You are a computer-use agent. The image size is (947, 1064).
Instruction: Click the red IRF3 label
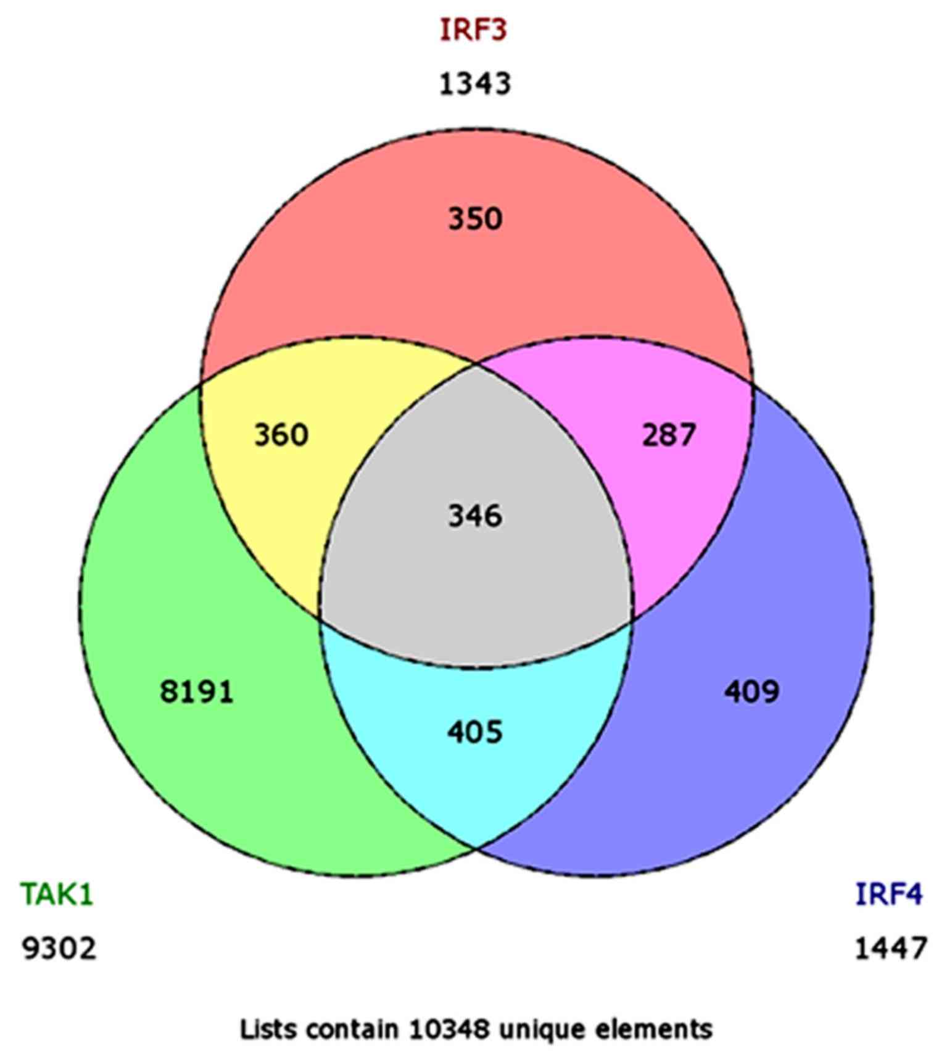tap(473, 30)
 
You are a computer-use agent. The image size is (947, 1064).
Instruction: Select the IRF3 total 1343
tap(474, 84)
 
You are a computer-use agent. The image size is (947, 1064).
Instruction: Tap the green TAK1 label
tap(57, 894)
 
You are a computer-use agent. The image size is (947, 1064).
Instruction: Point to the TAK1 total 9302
tap(59, 948)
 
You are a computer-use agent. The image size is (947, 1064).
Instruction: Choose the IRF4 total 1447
tap(890, 948)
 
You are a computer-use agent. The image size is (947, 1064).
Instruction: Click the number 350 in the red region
tap(475, 219)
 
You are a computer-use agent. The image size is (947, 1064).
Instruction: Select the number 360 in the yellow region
tap(281, 435)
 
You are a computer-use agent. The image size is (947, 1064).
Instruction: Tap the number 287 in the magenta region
tap(669, 435)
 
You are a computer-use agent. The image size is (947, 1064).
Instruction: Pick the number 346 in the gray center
tap(475, 516)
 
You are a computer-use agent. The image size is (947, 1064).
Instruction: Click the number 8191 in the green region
tap(197, 691)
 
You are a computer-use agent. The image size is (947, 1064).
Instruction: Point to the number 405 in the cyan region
tap(475, 732)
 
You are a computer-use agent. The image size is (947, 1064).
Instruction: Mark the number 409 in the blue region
tap(751, 691)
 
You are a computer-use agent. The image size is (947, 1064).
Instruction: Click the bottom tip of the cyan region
tap(476, 847)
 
